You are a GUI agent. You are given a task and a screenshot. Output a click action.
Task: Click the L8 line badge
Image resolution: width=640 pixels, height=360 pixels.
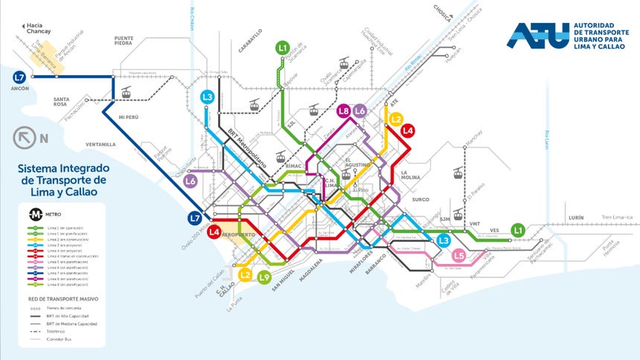click(x=344, y=112)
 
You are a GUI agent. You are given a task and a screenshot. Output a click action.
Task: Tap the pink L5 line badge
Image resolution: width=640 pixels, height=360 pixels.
click(x=458, y=257)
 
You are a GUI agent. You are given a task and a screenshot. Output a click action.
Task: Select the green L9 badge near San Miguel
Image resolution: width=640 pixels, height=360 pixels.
click(x=264, y=278)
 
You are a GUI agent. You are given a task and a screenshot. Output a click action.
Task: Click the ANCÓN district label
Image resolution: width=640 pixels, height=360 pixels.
click(x=20, y=89)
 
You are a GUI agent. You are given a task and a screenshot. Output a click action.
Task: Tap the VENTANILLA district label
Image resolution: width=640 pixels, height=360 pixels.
click(x=100, y=144)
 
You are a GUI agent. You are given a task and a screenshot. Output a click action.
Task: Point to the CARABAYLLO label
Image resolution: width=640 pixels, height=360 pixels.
click(x=250, y=41)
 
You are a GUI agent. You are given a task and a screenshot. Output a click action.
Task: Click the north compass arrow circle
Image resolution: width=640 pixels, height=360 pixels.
click(x=24, y=138)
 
